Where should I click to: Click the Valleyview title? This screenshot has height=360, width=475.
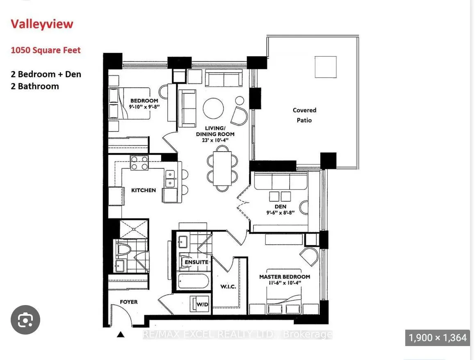pyautogui.click(x=42, y=24)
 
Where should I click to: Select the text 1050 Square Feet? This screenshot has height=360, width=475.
pyautogui.click(x=46, y=50)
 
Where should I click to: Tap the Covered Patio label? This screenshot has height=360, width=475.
pyautogui.click(x=304, y=115)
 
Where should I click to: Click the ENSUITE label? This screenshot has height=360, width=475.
pyautogui.click(x=196, y=262)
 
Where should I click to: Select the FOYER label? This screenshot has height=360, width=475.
pyautogui.click(x=128, y=302)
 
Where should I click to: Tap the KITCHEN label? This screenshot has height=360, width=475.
pyautogui.click(x=143, y=190)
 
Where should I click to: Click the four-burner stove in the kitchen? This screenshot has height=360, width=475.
pyautogui.click(x=139, y=163)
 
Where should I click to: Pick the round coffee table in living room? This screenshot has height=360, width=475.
pyautogui.click(x=214, y=108)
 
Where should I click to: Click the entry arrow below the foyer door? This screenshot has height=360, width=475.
pyautogui.click(x=121, y=335)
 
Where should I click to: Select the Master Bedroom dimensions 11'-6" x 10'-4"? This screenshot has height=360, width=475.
pyautogui.click(x=284, y=283)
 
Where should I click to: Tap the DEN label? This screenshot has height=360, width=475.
pyautogui.click(x=281, y=206)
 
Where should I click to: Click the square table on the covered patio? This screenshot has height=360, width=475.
pyautogui.click(x=325, y=67)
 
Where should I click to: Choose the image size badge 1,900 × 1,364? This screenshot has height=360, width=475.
pyautogui.click(x=437, y=338)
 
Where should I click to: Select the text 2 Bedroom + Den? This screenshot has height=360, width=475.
pyautogui.click(x=46, y=74)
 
